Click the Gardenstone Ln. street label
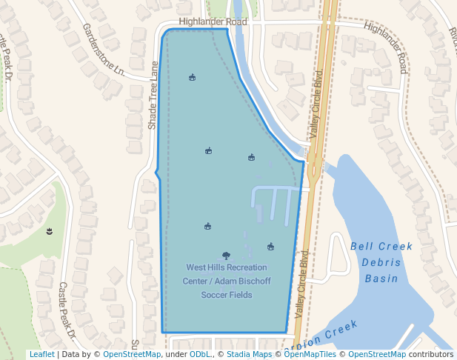[x=104, y=50]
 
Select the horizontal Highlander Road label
[x=213, y=23]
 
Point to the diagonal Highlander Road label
[x=386, y=47]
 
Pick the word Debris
[x=381, y=263]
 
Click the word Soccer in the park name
[x=216, y=296]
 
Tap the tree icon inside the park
[x=226, y=256]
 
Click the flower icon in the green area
[x=49, y=232]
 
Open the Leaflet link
[x=41, y=355]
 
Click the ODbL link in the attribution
[x=200, y=355]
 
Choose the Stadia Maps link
[x=249, y=355]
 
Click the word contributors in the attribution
[x=432, y=355]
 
